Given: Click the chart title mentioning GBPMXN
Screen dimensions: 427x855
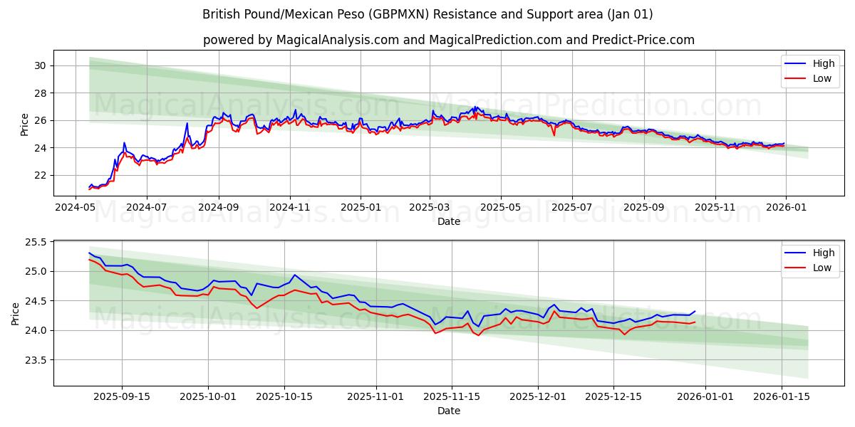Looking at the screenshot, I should click(427, 14).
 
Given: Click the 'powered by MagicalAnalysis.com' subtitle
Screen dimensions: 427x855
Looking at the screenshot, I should click(448, 40).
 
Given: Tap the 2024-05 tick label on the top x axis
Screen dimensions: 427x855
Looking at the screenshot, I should click(76, 207).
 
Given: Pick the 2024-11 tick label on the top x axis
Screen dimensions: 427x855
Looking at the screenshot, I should click(289, 207).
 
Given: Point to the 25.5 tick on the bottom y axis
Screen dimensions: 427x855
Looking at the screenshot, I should click(36, 242).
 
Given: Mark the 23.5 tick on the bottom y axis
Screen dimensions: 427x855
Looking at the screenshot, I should click(36, 360).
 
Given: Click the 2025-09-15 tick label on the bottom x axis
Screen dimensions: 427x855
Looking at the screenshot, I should click(122, 396).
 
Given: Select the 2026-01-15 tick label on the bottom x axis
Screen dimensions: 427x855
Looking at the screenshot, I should click(782, 396).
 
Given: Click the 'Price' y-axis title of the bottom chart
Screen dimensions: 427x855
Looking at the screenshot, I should click(16, 312).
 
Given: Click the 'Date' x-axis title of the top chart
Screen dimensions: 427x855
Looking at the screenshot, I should click(448, 221).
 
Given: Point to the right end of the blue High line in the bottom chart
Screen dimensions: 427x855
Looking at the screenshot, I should click(695, 311).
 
